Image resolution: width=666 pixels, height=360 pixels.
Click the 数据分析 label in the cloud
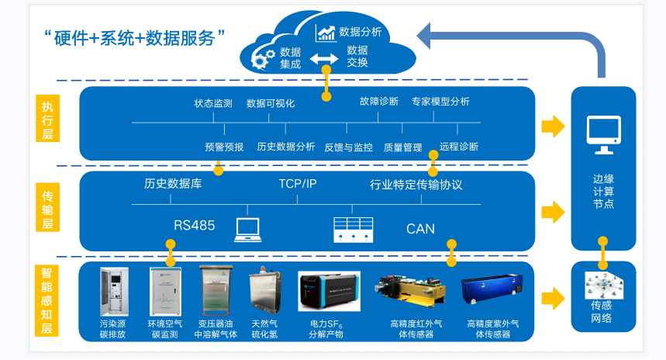tap(360, 32)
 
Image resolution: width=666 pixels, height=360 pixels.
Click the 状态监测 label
tap(213, 103)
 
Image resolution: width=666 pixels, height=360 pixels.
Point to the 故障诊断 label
tap(379, 102)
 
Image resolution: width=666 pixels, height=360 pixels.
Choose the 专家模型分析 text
tap(440, 102)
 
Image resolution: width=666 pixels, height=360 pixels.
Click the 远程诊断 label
tap(459, 146)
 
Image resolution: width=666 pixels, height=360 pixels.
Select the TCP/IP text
tap(298, 185)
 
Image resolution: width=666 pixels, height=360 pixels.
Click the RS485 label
tap(194, 227)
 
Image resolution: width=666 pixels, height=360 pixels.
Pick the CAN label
tap(420, 229)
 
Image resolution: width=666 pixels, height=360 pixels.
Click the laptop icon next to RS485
tap(247, 227)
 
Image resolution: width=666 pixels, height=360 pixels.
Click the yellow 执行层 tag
tap(47, 117)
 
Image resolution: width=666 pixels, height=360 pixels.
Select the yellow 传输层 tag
tap(47, 208)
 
